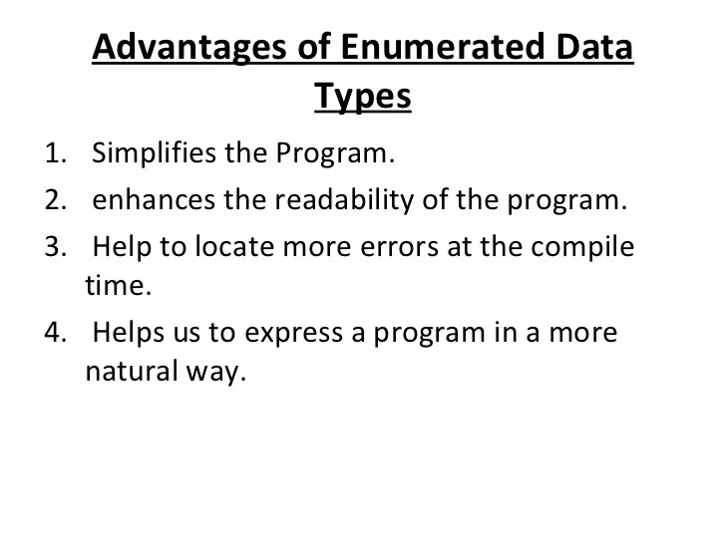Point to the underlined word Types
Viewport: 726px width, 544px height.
pos(363,98)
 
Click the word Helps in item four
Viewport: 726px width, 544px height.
pos(130,333)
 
